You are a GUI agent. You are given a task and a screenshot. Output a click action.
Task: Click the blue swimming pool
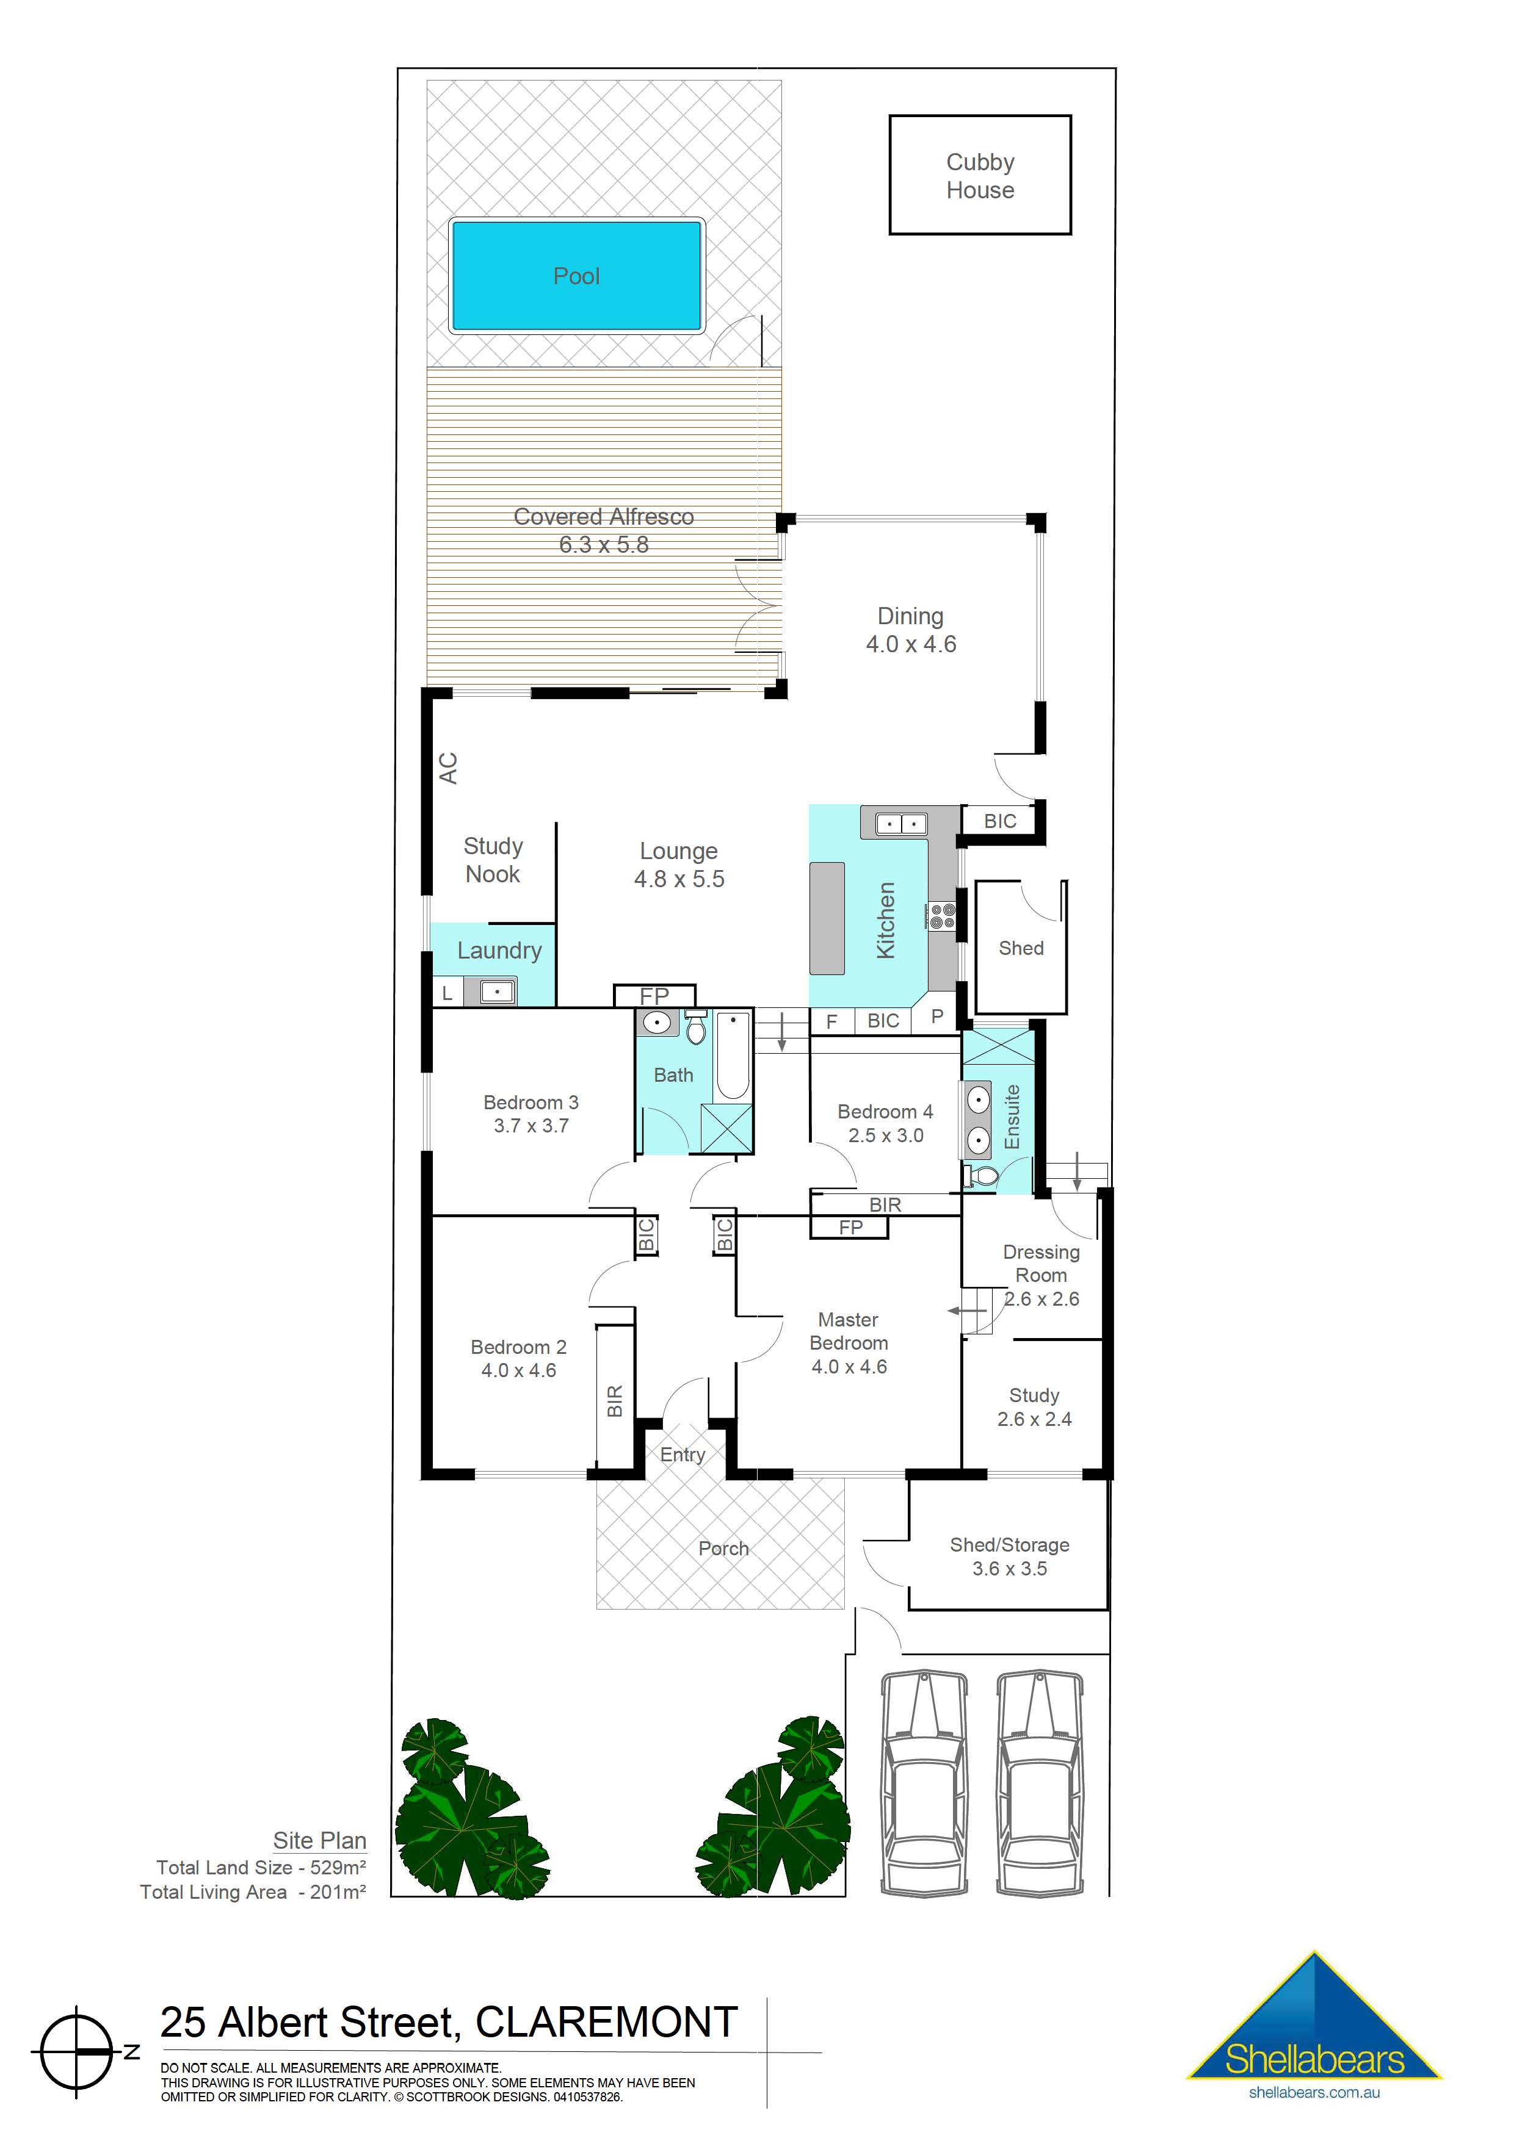(x=576, y=276)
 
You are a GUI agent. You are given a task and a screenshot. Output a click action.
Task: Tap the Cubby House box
(x=979, y=175)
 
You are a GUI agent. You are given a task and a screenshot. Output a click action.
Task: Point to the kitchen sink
(x=901, y=823)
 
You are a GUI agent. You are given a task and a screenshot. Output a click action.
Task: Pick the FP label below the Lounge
(x=654, y=996)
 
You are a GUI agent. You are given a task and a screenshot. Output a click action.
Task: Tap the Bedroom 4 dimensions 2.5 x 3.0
(x=885, y=1135)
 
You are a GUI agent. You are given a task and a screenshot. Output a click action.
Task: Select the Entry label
(x=683, y=1455)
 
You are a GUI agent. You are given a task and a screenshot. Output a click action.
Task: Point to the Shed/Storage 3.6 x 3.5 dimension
(x=1009, y=1569)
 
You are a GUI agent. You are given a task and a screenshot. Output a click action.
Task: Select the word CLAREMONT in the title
(x=606, y=2023)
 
